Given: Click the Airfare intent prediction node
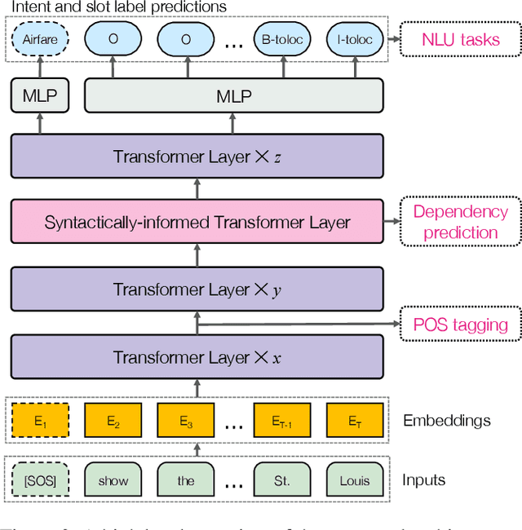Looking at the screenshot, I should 40,38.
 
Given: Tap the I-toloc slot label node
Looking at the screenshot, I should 353,38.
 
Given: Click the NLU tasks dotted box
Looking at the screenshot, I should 460,39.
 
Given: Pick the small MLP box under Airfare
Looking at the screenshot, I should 40,96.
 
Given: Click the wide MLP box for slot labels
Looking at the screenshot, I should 234,96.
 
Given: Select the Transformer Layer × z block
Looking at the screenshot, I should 197,157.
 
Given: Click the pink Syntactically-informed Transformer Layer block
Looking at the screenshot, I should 197,222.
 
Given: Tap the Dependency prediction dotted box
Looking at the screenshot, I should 460,222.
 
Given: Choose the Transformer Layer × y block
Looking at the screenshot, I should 197,289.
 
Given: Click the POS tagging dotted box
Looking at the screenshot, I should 460,325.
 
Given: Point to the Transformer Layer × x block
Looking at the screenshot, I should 197,357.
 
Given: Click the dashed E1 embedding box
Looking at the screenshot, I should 40,421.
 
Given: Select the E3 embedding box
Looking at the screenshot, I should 185,421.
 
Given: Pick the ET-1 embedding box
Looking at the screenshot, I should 281,421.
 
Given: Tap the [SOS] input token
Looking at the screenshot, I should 40,480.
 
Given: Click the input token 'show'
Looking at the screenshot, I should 113,480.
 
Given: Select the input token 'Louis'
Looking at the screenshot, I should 354,480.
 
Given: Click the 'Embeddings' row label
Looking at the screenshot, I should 447,421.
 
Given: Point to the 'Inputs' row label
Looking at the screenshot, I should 424,479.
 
